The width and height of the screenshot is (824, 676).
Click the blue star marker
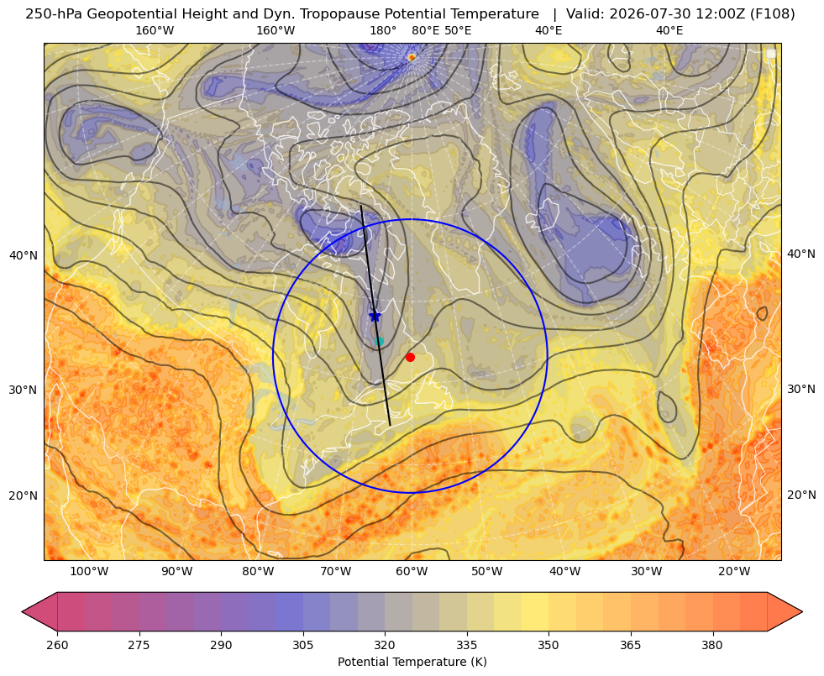[375, 316]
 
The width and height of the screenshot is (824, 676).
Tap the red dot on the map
[411, 357]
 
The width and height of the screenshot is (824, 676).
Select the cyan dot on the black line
[380, 342]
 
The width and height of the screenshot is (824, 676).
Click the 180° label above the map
[383, 30]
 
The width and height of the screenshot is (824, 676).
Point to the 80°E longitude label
[425, 30]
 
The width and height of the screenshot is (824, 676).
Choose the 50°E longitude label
[458, 30]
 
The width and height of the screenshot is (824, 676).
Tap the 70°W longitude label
[335, 572]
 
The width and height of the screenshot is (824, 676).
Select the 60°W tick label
[412, 572]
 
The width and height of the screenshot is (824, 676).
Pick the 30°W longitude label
[646, 572]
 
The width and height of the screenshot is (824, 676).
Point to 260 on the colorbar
[57, 645]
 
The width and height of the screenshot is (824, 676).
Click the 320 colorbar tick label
[385, 645]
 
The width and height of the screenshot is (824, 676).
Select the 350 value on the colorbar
[548, 645]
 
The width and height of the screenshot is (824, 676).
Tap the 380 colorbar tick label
[712, 645]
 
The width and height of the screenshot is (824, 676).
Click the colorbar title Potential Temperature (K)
[412, 662]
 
